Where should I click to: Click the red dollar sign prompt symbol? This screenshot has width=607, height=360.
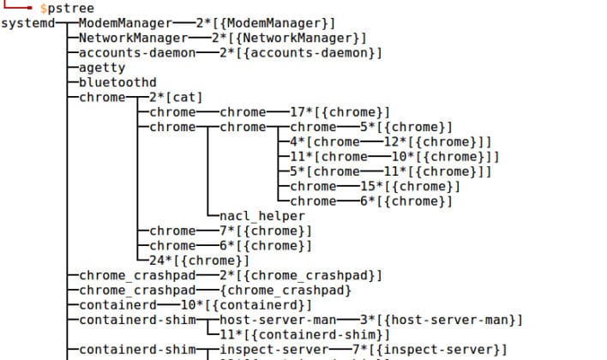43,8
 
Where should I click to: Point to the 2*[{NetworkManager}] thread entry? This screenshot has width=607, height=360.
291,38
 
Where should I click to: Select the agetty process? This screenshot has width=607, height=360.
102,68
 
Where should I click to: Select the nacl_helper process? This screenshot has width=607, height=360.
262,216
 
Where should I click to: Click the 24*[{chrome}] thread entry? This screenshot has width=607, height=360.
199,261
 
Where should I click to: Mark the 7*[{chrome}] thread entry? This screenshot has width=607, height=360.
266,231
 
